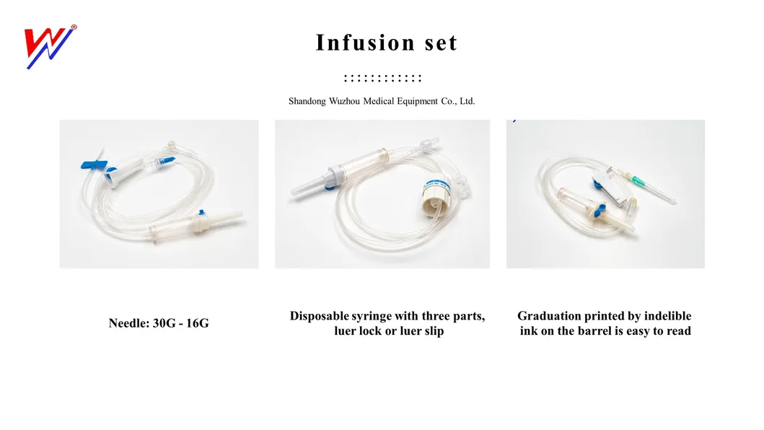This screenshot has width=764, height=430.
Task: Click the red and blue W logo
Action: tap(49, 47)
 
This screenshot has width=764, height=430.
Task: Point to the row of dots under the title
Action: tap(382, 78)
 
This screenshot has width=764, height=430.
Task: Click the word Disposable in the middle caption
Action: tap(320, 316)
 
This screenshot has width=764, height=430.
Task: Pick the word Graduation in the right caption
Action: tap(550, 316)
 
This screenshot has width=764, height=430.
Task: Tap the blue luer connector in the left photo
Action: tap(169, 161)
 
